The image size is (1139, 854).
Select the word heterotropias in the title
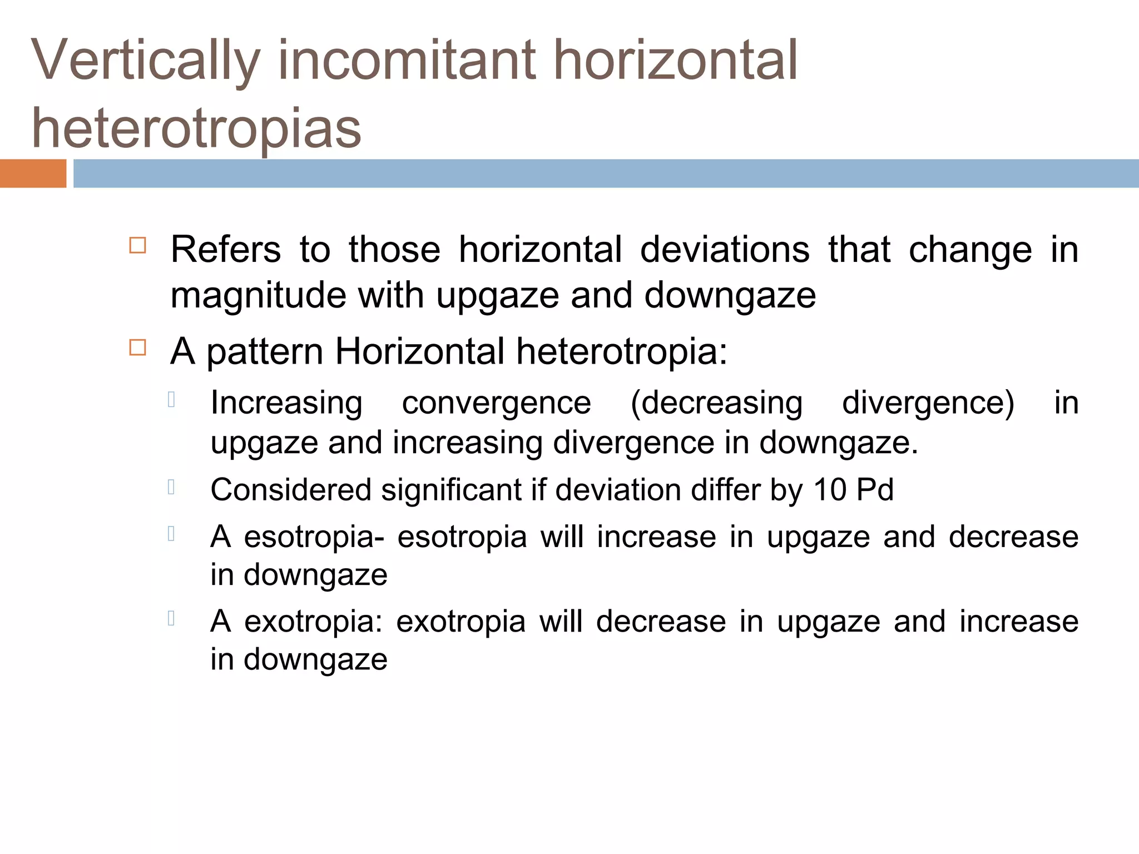click(196, 129)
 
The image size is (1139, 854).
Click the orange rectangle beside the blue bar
click(33, 173)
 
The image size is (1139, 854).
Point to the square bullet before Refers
click(137, 246)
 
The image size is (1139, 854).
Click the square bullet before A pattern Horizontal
click(137, 348)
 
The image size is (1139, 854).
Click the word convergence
click(496, 403)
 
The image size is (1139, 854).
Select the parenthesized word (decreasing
click(716, 403)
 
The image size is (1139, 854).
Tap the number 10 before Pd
click(830, 490)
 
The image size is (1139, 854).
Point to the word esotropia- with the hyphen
click(314, 537)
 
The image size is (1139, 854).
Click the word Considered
click(291, 490)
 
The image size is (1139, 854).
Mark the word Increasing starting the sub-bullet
click(286, 403)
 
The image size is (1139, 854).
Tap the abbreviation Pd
click(875, 490)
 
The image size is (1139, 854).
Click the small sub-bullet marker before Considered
click(171, 488)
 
